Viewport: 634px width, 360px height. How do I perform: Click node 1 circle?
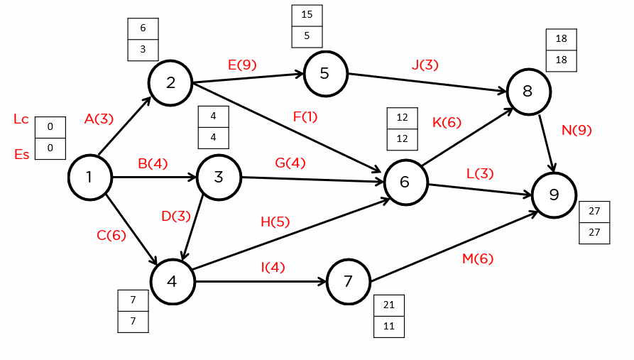click(89, 178)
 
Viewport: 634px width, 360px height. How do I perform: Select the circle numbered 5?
click(324, 73)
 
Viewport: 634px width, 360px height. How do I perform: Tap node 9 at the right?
click(554, 195)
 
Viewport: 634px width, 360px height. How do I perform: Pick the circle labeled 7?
click(348, 281)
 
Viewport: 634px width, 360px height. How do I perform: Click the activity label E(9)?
click(242, 65)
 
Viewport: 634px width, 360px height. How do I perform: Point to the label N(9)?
click(576, 130)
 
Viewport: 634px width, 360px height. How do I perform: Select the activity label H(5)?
click(275, 222)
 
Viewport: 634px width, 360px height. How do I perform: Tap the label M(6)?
click(477, 259)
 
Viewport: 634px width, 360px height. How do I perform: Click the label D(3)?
click(175, 216)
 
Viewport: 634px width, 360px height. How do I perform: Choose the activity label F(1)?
click(305, 116)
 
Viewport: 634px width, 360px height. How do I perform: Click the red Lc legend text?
click(21, 119)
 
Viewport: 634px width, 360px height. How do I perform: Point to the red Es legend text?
click(21, 153)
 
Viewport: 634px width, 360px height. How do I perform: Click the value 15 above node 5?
click(307, 16)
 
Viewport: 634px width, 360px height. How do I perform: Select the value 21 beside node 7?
click(389, 305)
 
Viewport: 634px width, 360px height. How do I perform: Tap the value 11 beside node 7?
click(389, 326)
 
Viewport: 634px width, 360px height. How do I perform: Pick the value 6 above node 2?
click(143, 28)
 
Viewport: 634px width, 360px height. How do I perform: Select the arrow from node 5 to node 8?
click(426, 82)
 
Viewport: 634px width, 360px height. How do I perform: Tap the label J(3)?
click(425, 65)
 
